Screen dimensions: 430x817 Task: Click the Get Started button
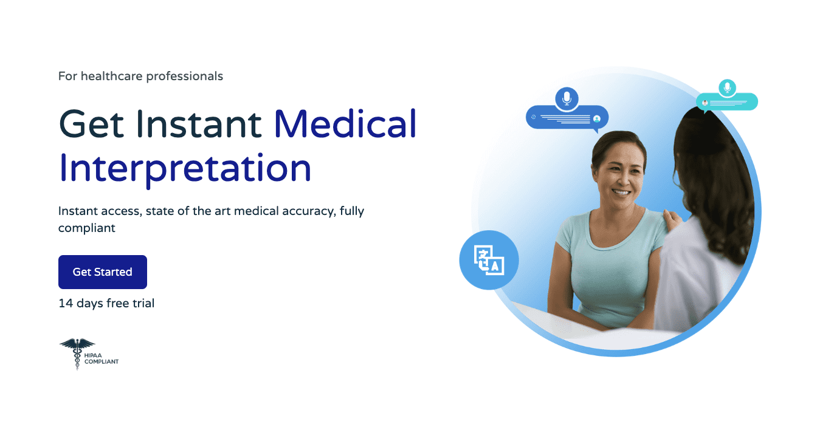(x=102, y=272)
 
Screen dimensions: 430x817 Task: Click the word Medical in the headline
(x=345, y=123)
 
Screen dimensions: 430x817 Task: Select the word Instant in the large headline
(x=199, y=123)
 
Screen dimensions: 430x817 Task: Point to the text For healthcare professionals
(x=140, y=77)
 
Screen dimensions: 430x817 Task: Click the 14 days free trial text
(x=106, y=303)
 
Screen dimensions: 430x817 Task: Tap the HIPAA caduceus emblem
(x=77, y=353)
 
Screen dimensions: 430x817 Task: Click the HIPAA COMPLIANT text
(x=102, y=359)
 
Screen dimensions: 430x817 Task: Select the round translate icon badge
(x=489, y=260)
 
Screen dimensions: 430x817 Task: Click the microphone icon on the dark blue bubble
(x=567, y=98)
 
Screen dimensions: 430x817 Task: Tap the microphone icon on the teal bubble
(x=726, y=87)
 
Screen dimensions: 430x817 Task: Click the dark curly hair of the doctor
(x=717, y=182)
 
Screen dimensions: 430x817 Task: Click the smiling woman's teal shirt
(x=608, y=261)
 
